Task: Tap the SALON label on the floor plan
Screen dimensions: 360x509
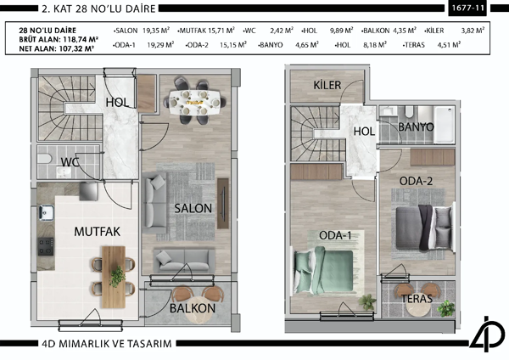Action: [193, 207]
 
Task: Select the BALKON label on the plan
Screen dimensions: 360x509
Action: [193, 308]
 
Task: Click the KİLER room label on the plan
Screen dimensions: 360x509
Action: [327, 86]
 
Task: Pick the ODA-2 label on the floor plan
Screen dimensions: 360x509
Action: [417, 181]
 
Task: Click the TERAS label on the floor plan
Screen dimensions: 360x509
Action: [417, 299]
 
